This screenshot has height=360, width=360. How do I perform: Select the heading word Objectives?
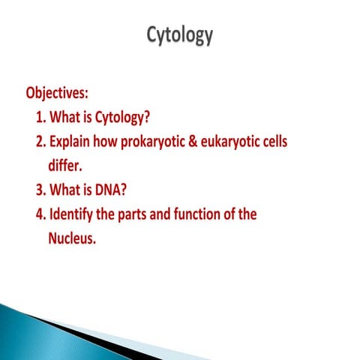tap(57, 94)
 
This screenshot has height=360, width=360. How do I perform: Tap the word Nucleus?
tap(73, 238)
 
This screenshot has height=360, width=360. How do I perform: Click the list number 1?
tap(40, 118)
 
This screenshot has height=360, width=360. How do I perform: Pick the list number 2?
tap(40, 142)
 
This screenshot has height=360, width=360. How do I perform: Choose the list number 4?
tap(40, 214)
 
